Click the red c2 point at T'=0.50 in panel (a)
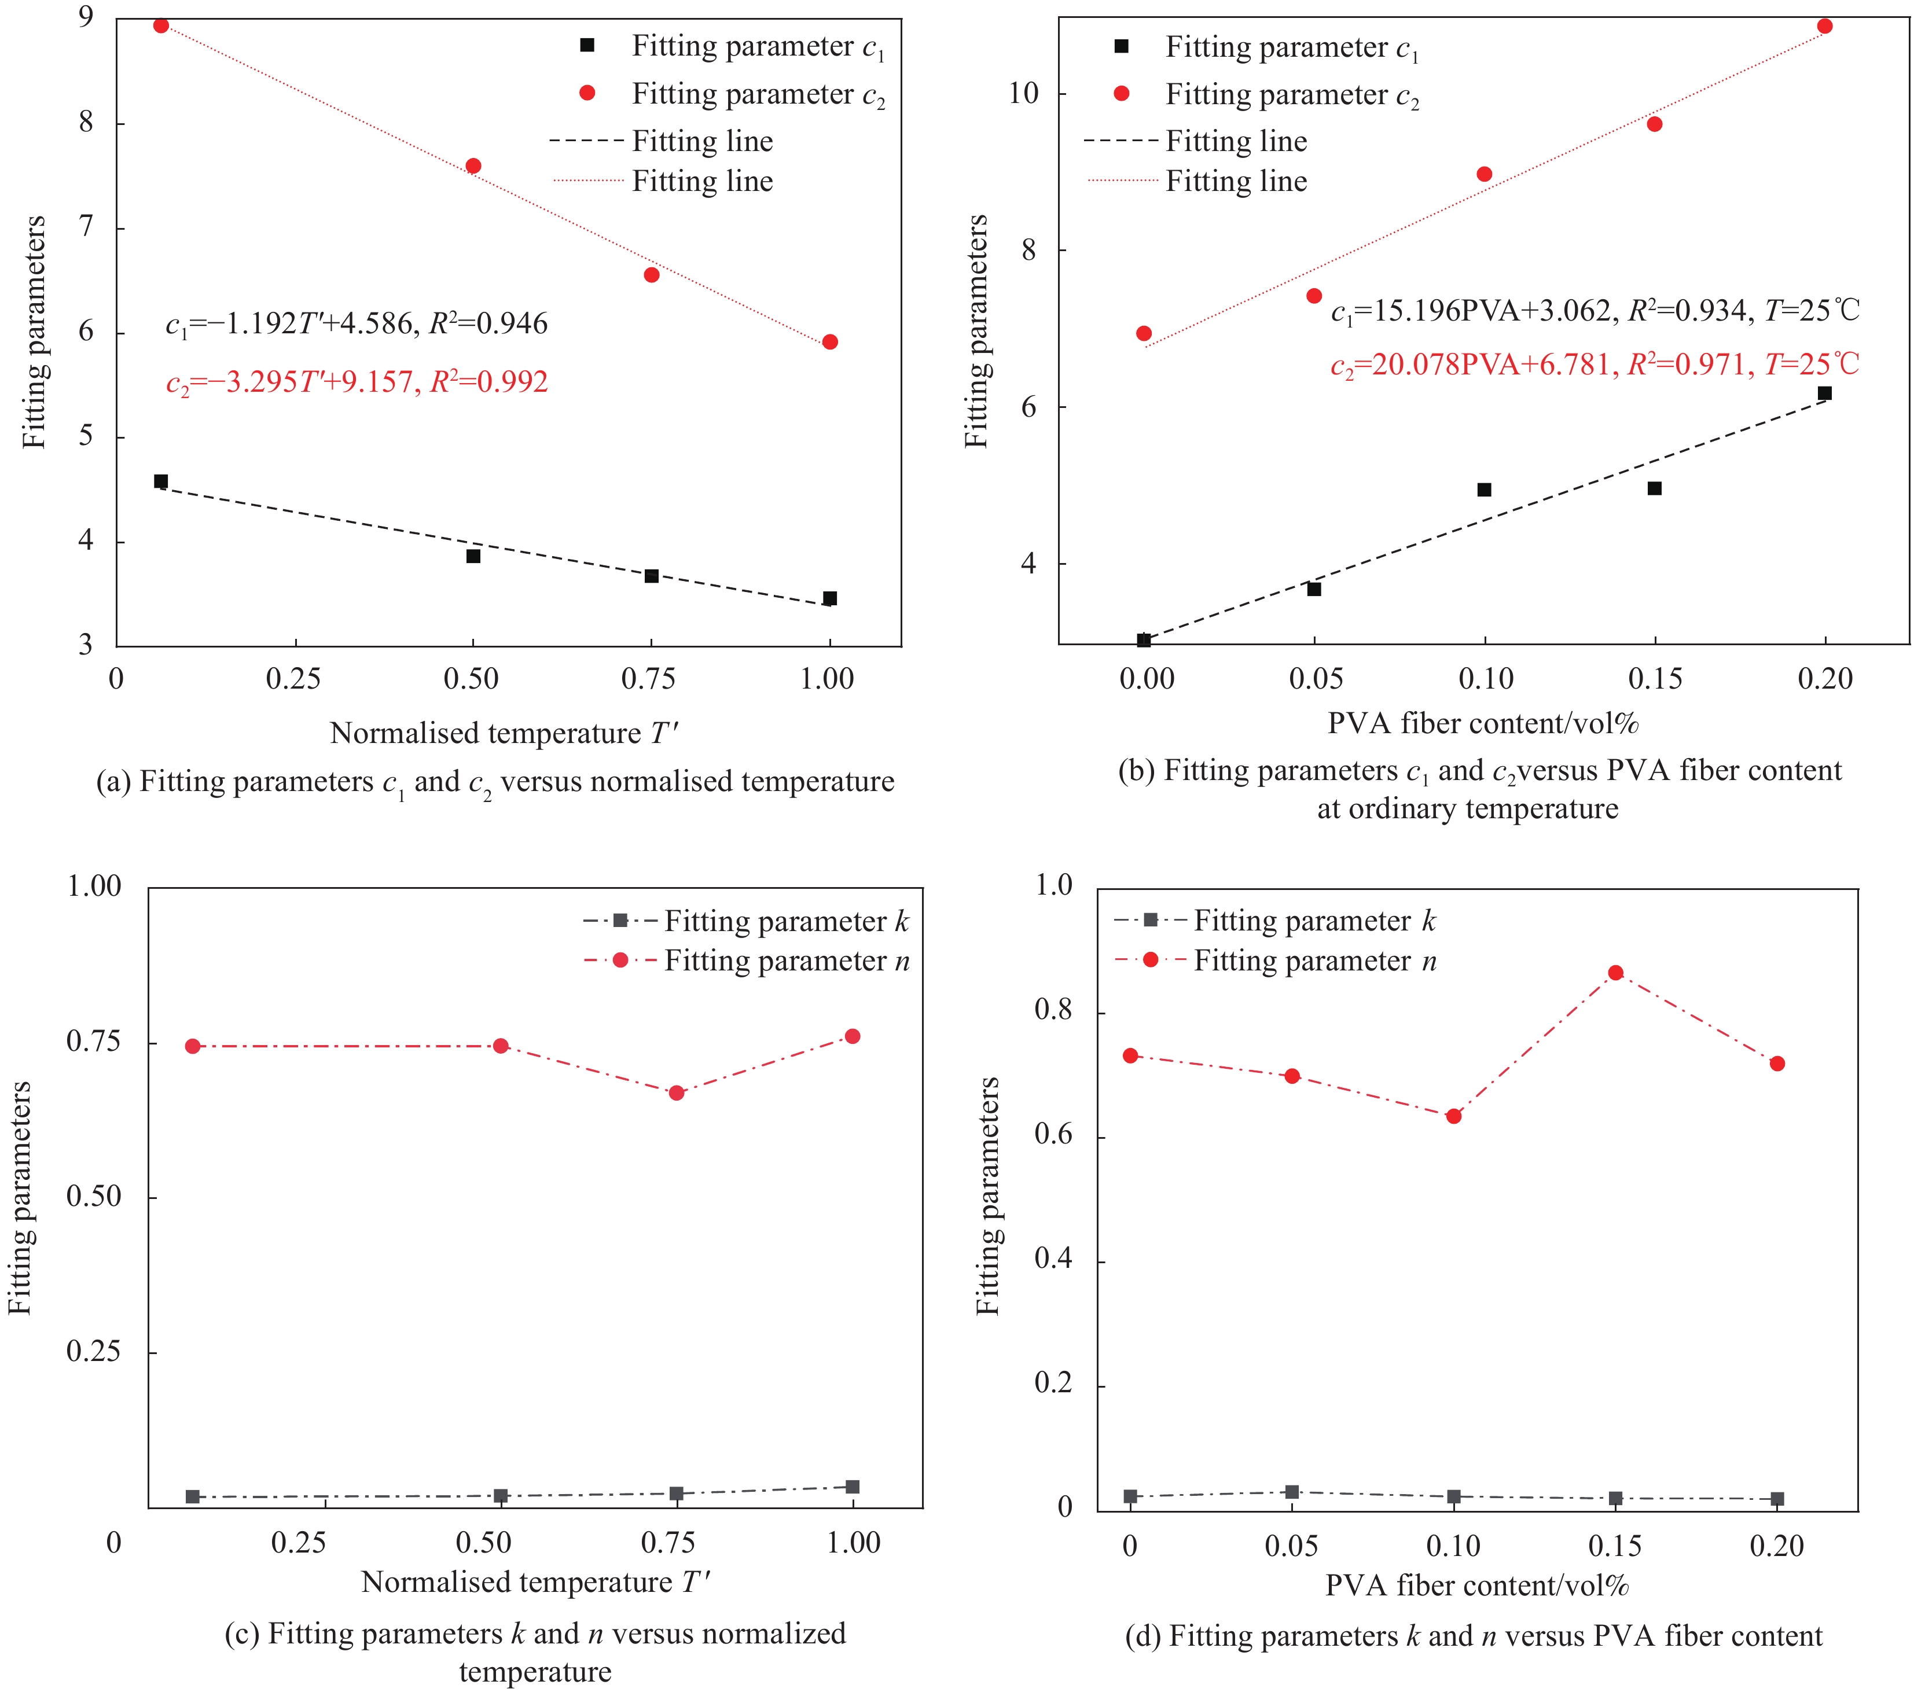tap(473, 165)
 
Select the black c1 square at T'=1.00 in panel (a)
tap(829, 598)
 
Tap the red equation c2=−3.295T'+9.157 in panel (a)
tap(357, 382)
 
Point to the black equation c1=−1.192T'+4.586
tap(357, 324)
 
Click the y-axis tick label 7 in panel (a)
tap(86, 227)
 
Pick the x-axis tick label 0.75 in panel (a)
tap(649, 679)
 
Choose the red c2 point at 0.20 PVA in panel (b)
tap(1824, 26)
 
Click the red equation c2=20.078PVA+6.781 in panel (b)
tap(1595, 364)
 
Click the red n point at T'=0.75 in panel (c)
tap(676, 1093)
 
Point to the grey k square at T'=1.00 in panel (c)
tap(852, 1487)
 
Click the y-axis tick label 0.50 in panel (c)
tap(94, 1197)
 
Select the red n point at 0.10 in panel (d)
tap(1453, 1116)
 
